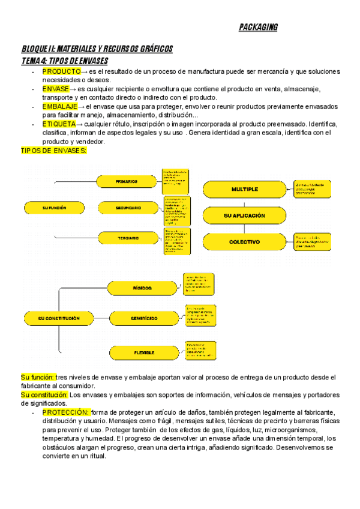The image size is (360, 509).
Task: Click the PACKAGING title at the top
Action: (x=258, y=28)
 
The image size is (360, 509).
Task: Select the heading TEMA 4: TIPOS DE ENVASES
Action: (x=65, y=61)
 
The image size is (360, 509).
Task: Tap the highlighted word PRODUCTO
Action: (x=61, y=71)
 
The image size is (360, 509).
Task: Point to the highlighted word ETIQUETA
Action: (x=59, y=124)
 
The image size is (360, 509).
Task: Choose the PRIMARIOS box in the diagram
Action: (x=127, y=181)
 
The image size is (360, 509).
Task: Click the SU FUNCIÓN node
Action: (x=54, y=208)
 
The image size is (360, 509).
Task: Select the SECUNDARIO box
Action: (x=128, y=208)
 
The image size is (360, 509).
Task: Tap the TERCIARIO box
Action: (x=128, y=238)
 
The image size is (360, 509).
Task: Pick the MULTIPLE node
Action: (x=244, y=189)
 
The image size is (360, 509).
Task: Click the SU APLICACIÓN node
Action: (x=244, y=215)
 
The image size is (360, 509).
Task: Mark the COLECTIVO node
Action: (x=244, y=242)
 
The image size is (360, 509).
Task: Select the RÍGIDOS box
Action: (x=142, y=288)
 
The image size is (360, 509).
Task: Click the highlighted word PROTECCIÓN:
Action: (x=66, y=412)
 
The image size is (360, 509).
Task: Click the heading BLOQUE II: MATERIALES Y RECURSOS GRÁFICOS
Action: (x=97, y=49)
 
